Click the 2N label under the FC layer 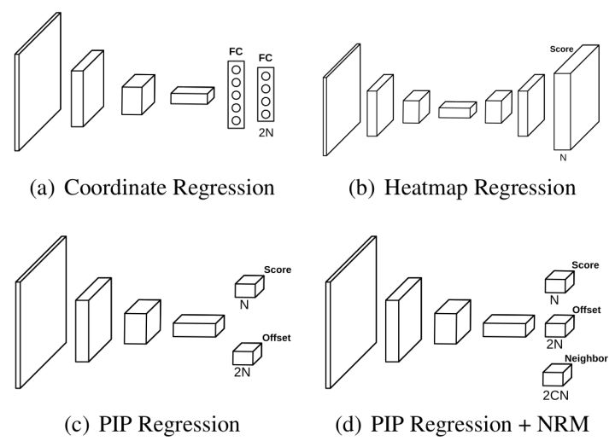(x=266, y=133)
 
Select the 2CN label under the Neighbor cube (x=556, y=395)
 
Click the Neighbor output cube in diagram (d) (x=556, y=374)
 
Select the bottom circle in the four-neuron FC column (x=266, y=114)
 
